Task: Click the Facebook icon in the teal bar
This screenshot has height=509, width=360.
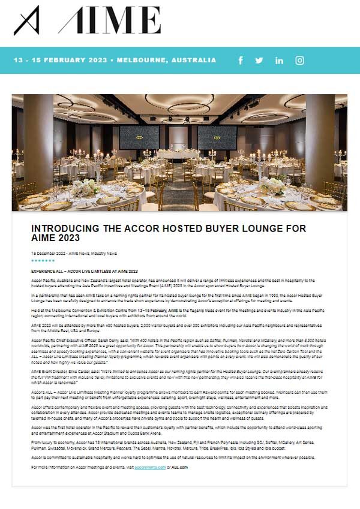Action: point(241,61)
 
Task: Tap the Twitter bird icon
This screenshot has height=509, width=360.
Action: point(259,61)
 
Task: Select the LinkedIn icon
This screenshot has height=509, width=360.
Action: point(279,61)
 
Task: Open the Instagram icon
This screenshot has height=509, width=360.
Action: point(299,61)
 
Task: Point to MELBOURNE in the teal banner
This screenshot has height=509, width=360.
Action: point(143,61)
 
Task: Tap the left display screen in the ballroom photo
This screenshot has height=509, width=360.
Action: point(139,137)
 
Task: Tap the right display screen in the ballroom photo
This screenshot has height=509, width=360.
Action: point(217,137)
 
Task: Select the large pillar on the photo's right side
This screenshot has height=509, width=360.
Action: point(319,144)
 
